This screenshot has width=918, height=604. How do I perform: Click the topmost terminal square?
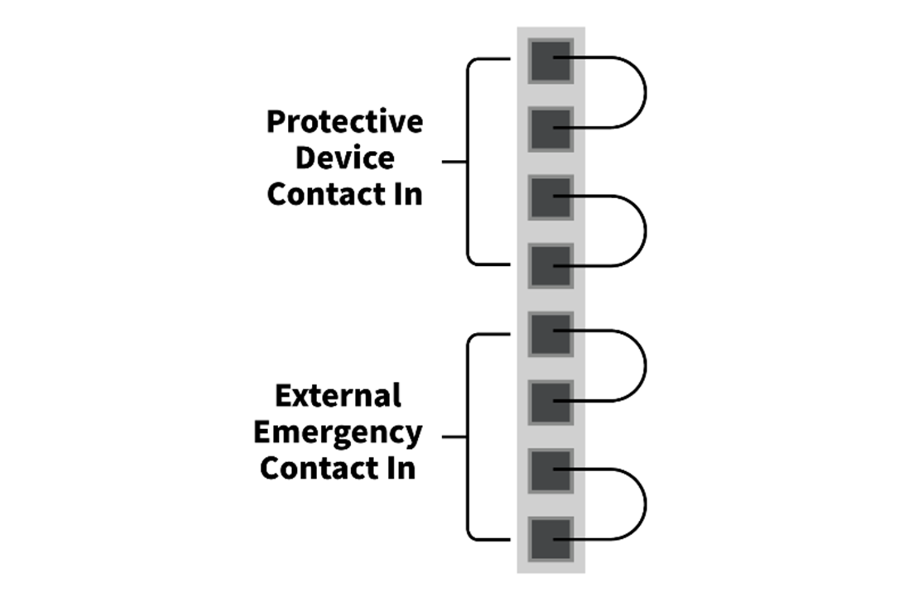pyautogui.click(x=551, y=61)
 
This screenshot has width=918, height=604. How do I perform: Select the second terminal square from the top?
pyautogui.click(x=551, y=129)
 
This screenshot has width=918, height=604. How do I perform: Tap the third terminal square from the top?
pyautogui.click(x=551, y=198)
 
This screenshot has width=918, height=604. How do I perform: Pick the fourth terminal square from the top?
pyautogui.click(x=551, y=266)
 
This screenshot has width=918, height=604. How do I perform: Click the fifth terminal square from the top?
pyautogui.click(x=551, y=334)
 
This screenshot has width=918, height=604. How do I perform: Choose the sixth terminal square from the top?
pyautogui.click(x=551, y=403)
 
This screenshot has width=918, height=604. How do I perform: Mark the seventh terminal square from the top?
pyautogui.click(x=551, y=471)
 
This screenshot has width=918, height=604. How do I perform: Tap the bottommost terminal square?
pyautogui.click(x=551, y=539)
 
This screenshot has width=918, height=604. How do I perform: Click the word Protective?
pyautogui.click(x=345, y=122)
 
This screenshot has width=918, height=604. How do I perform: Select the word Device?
pyautogui.click(x=345, y=158)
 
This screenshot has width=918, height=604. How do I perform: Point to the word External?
pyautogui.click(x=338, y=396)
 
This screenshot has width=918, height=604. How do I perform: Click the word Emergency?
pyautogui.click(x=338, y=433)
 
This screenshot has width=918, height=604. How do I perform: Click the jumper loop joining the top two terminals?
pyautogui.click(x=646, y=93)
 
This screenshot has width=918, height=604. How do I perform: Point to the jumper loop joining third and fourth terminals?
pyautogui.click(x=646, y=231)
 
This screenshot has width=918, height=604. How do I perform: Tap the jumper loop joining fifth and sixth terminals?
pyautogui.click(x=646, y=366)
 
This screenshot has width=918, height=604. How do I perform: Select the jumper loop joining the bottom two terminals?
pyautogui.click(x=646, y=505)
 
